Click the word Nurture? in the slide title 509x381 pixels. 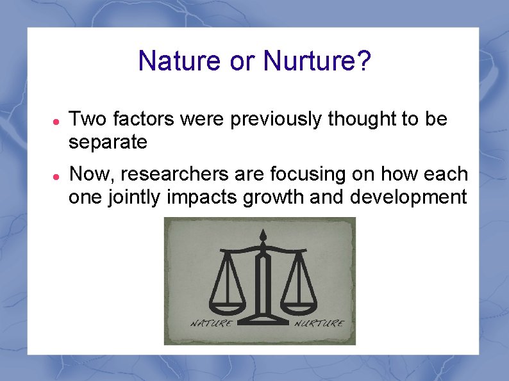point(317,61)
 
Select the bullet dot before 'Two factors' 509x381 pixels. point(56,120)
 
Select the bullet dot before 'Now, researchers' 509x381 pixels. point(56,175)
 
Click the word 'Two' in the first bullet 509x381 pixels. point(88,119)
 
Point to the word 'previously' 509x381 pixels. point(272,119)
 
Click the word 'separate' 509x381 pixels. point(108,142)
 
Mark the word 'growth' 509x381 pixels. point(274,197)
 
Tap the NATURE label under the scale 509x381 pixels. point(210,323)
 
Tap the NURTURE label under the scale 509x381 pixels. point(318,323)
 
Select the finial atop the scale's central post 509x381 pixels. point(261,238)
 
